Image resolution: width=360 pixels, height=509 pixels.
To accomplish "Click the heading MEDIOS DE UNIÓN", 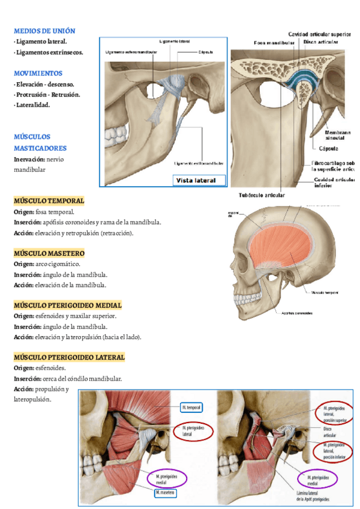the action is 44,31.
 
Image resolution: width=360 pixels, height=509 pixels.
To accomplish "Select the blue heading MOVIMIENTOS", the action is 38,73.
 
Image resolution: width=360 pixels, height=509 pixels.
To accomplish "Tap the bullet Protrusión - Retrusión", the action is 49,95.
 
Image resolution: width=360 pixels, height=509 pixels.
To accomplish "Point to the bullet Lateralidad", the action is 33,105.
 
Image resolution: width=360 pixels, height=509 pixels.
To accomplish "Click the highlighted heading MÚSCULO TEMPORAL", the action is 49,200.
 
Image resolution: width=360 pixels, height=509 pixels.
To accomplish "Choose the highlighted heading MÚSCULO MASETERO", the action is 49,253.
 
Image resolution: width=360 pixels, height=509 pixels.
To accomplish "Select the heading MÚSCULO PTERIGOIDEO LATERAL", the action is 69,357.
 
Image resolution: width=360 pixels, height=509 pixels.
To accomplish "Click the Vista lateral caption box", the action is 199,180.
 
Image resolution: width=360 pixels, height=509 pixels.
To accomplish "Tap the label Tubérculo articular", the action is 262,195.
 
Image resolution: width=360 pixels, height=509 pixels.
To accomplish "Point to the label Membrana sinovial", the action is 334,134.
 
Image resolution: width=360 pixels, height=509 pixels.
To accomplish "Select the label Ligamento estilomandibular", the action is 199,163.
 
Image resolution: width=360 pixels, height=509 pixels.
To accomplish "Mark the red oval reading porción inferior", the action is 334,449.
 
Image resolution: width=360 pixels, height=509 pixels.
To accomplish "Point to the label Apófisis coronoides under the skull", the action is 293,312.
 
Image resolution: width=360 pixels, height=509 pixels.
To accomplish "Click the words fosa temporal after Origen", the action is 55,212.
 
